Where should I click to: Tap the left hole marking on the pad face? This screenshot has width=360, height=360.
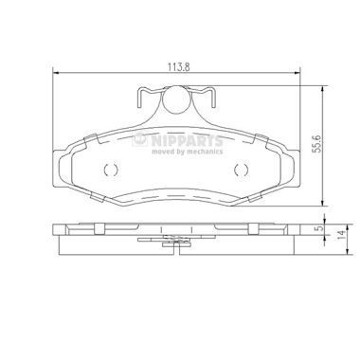pos(107,171)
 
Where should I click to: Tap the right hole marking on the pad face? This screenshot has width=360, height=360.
pos(241,171)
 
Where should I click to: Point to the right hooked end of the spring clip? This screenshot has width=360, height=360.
pos(215,99)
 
